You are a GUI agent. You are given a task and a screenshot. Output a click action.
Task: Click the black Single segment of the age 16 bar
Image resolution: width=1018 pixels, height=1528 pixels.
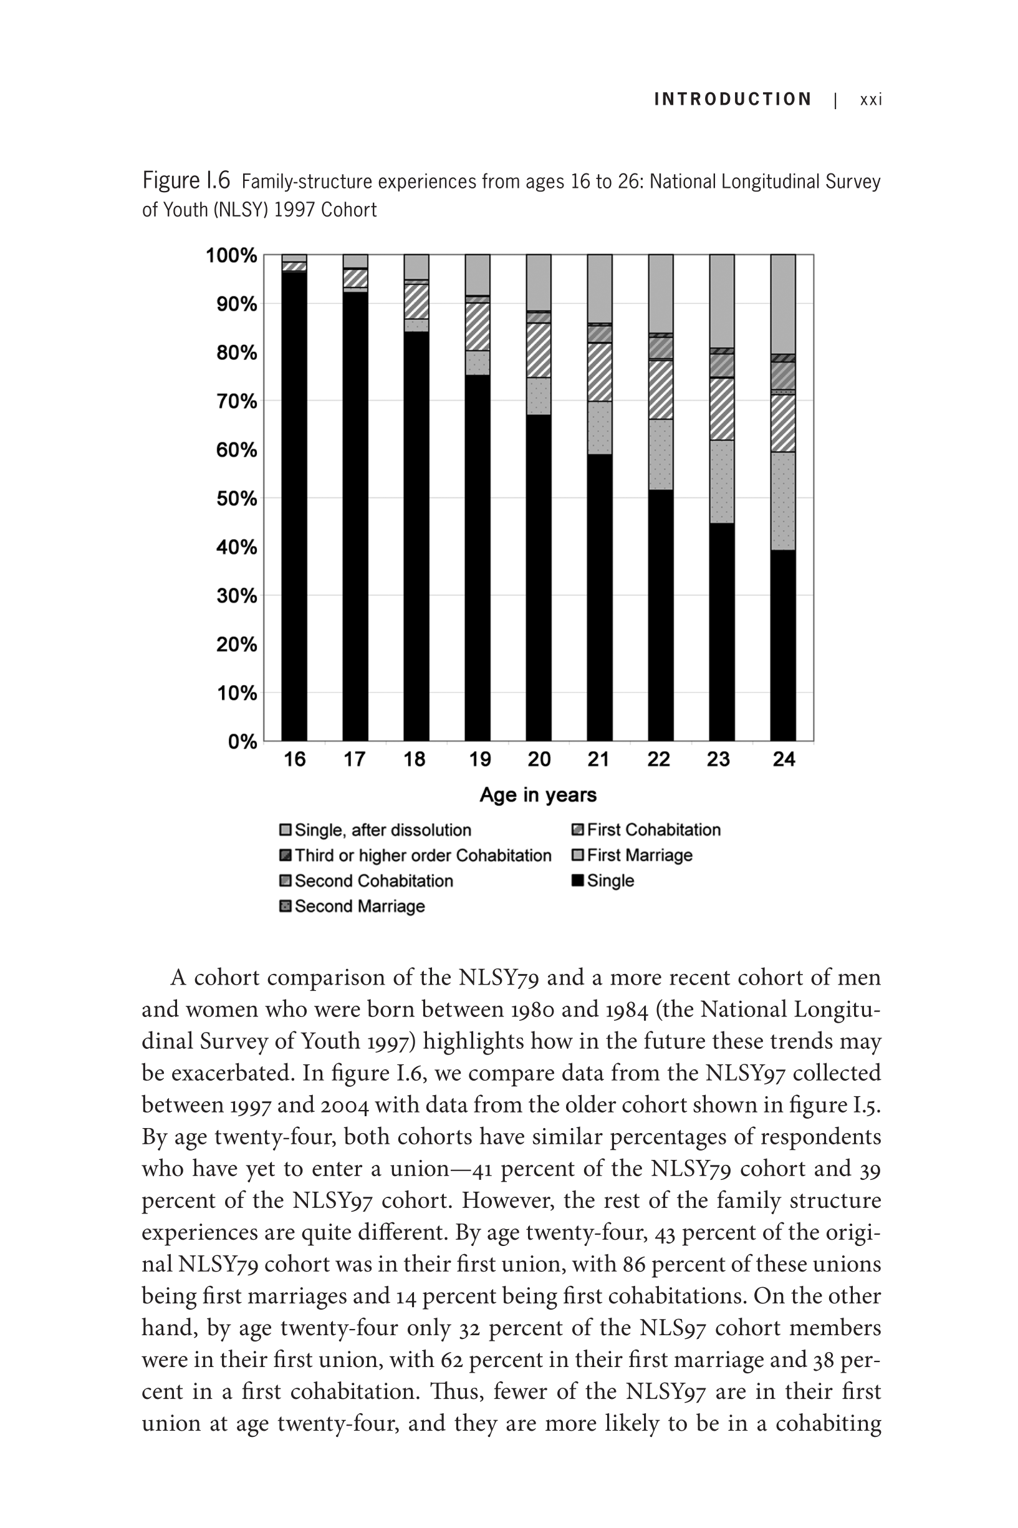tap(294, 507)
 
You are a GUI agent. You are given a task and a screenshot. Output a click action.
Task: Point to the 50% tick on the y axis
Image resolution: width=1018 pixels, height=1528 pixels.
tap(237, 499)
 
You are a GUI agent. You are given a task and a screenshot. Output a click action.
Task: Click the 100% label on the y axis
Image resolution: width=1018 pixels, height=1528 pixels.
tap(232, 255)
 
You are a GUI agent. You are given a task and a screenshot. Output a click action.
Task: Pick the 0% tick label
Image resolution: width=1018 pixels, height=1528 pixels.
tap(242, 741)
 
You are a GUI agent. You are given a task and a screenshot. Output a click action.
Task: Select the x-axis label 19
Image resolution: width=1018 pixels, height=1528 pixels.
tap(480, 759)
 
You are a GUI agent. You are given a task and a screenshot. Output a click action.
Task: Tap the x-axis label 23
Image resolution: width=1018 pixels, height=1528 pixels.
tap(718, 759)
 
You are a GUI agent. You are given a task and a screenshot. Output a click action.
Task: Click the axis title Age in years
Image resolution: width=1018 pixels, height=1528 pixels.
tap(538, 794)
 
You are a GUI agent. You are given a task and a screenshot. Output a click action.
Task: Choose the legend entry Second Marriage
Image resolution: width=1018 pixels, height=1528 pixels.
tap(360, 907)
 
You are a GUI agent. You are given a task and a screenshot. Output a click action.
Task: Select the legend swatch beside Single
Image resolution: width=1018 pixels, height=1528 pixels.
tap(577, 881)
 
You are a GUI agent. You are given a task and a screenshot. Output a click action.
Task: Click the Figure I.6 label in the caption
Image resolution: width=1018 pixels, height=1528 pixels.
tap(186, 180)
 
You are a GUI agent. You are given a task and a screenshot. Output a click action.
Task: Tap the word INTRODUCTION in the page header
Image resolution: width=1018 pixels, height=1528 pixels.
tap(733, 99)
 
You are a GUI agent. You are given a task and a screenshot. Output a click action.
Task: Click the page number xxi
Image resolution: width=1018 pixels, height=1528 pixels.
tap(871, 99)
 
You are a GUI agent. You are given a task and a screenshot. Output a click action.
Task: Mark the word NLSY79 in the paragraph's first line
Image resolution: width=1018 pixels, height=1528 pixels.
tap(498, 977)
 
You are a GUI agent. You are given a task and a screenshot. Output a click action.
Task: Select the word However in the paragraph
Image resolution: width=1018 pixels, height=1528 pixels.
tap(508, 1200)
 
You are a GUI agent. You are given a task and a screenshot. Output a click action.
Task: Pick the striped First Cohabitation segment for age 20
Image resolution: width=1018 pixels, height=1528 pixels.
tap(538, 349)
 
